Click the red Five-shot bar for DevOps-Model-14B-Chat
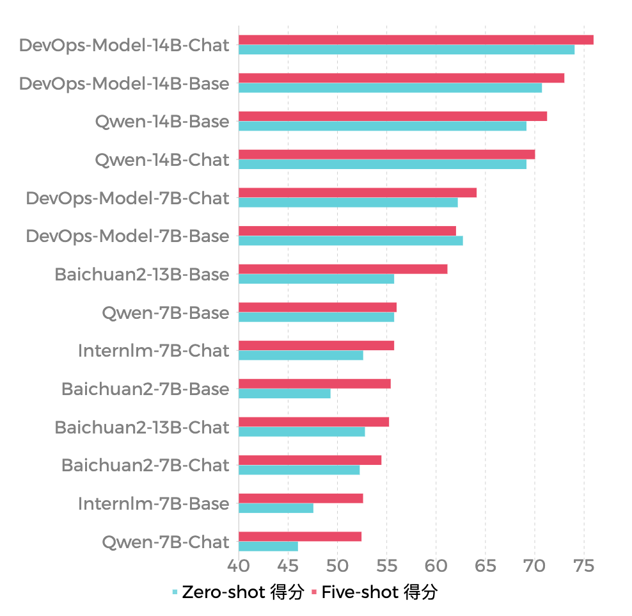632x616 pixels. [416, 40]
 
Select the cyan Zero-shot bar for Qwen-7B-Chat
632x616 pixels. [268, 546]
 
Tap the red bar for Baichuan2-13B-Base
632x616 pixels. [343, 269]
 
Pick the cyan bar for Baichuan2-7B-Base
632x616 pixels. [285, 393]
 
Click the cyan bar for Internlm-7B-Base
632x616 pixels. [276, 508]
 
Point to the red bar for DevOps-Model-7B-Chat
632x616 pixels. [358, 193]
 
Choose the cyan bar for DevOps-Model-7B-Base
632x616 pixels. [351, 241]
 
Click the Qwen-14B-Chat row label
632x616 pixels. [162, 160]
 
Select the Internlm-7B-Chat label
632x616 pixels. [154, 351]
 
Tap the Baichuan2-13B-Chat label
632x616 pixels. [142, 427]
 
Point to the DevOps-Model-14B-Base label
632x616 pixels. [124, 83]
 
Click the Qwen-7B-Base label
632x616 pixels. [165, 313]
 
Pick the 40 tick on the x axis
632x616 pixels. [239, 566]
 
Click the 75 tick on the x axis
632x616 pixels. [583, 566]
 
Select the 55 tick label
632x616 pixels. [386, 566]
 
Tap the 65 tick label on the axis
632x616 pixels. [485, 566]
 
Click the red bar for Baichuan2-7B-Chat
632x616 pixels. [310, 460]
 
